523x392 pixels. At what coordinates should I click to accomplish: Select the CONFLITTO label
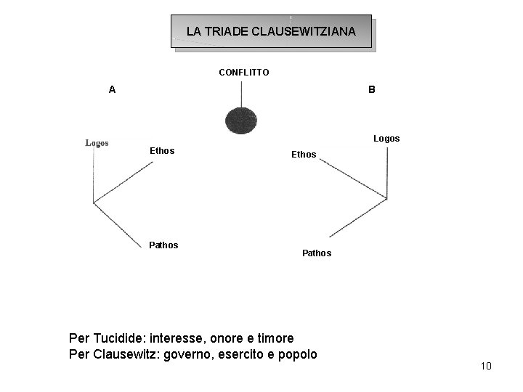[x=244, y=73]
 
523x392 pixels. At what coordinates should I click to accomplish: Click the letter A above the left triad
[x=111, y=90]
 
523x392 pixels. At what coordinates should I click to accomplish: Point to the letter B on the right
[x=371, y=90]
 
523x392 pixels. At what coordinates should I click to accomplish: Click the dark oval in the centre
[x=242, y=120]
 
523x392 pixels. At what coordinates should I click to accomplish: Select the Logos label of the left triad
[x=97, y=143]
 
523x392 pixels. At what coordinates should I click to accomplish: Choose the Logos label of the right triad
[x=386, y=139]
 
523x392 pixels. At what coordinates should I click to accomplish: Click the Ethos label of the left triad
[x=161, y=152]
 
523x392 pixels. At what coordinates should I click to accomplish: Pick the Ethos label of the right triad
[x=304, y=155]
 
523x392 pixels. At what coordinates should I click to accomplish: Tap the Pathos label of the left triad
[x=163, y=245]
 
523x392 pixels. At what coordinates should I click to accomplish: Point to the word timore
[x=275, y=338]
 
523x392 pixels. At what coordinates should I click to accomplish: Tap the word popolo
[x=296, y=354]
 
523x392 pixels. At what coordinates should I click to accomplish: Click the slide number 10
[x=486, y=366]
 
